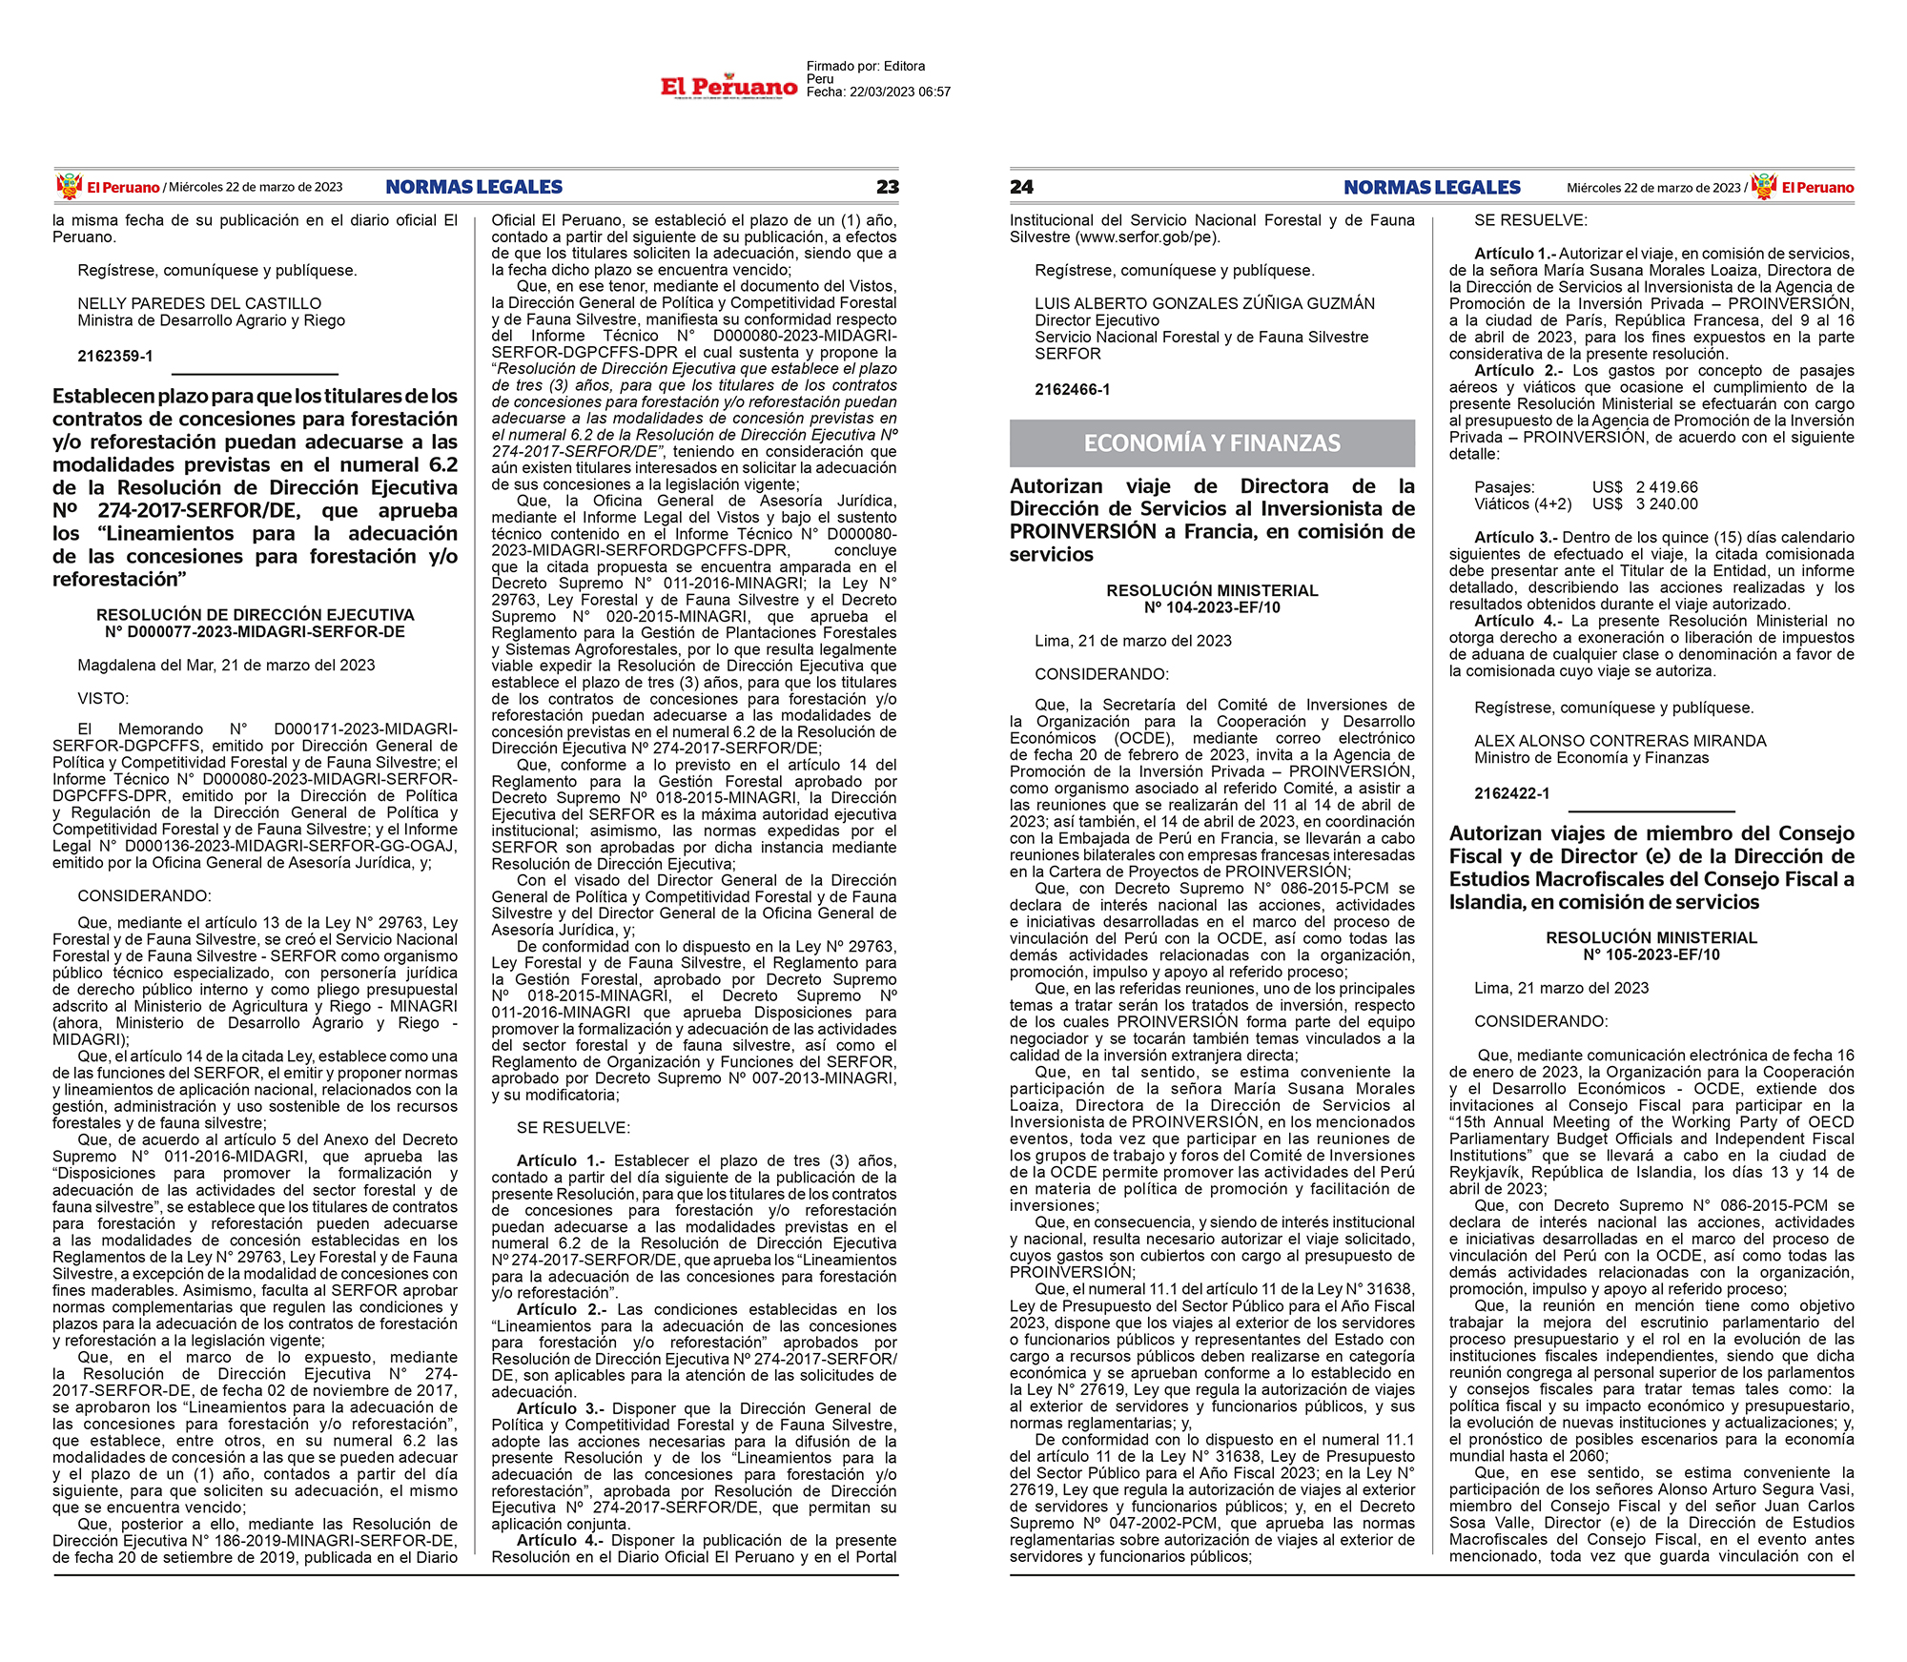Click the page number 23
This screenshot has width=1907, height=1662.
[x=887, y=187]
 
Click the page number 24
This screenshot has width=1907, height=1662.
[x=1021, y=187]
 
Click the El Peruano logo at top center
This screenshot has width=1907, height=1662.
[x=729, y=87]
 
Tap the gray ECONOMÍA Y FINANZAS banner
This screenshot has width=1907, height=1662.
[x=1212, y=443]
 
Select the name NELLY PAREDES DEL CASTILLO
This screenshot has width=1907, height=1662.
[x=199, y=303]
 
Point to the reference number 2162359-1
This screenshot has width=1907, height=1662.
[x=115, y=356]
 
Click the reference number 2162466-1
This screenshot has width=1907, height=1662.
[x=1073, y=389]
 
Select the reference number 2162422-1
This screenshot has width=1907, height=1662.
[x=1512, y=793]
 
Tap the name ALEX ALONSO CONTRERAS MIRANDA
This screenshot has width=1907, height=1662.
[x=1620, y=741]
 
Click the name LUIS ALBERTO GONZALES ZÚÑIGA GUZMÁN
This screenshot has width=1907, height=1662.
[x=1204, y=303]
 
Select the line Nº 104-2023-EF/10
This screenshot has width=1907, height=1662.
[x=1212, y=607]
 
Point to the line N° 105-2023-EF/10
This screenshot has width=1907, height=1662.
[x=1651, y=954]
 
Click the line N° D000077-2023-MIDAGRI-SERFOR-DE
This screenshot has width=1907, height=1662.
[x=255, y=631]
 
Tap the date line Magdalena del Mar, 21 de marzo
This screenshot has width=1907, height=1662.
[x=226, y=665]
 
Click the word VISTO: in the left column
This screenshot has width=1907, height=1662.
[x=103, y=698]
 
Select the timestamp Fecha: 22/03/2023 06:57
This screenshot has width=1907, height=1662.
[x=878, y=92]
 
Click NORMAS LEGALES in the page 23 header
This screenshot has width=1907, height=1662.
[x=474, y=187]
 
